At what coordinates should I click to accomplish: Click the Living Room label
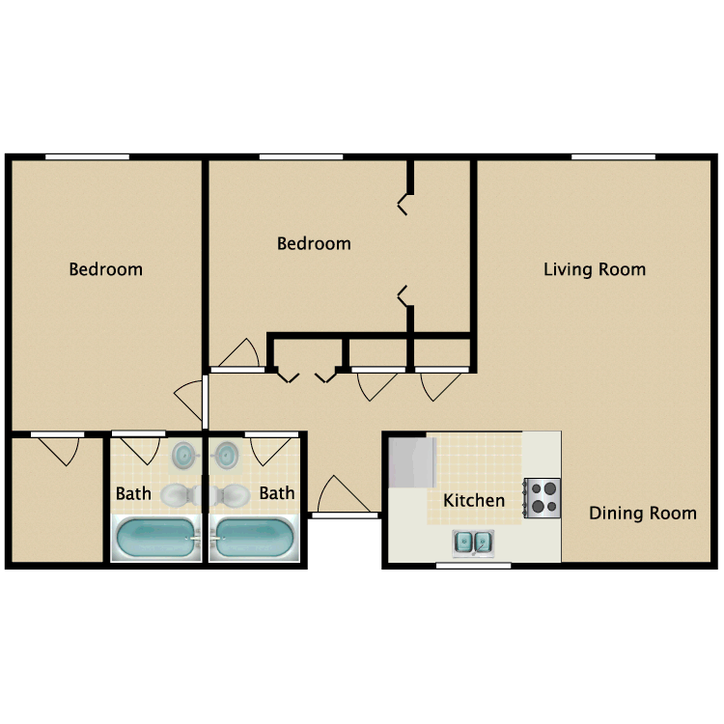pos(594,269)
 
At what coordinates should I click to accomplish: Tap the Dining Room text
pos(642,513)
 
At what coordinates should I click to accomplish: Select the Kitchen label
pos(473,500)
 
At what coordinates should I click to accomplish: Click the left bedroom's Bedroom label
pos(105,269)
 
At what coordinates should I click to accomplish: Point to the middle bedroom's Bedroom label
pos(314,243)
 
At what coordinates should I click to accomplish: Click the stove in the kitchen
pos(542,497)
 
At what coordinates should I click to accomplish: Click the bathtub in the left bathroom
pos(154,538)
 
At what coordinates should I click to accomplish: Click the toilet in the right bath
pos(231,495)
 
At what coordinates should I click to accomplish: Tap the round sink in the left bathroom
pos(182,453)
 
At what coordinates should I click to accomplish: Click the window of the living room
pos(613,156)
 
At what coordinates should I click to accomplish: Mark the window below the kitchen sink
pos(473,565)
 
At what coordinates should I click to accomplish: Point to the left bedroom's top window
pos(87,156)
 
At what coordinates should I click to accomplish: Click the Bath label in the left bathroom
pos(133,493)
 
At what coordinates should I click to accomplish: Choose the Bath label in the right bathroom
pos(276,493)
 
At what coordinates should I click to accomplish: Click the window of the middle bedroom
pos(300,156)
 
